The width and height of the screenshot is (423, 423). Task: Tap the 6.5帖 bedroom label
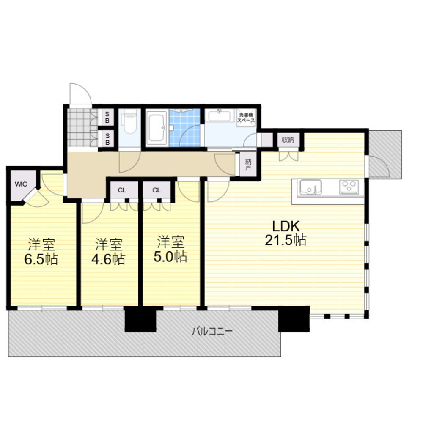coord(41,252)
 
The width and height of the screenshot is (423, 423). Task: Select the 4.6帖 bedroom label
coord(108,252)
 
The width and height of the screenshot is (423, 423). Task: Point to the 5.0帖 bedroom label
coord(170,249)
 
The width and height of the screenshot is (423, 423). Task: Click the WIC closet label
coord(21,184)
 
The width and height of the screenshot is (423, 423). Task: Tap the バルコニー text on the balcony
coord(212,331)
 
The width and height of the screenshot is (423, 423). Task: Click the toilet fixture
coord(129,123)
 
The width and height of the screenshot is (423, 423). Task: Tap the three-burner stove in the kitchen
coord(350,187)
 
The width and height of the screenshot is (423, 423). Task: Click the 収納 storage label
coord(288,140)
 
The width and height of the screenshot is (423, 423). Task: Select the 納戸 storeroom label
coord(248,165)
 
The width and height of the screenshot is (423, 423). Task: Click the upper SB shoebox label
coord(107,117)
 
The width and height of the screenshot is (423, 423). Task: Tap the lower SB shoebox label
coord(107,139)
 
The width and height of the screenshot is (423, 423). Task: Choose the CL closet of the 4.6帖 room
coord(122,190)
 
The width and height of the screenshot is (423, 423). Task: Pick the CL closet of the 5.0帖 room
coord(157,190)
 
